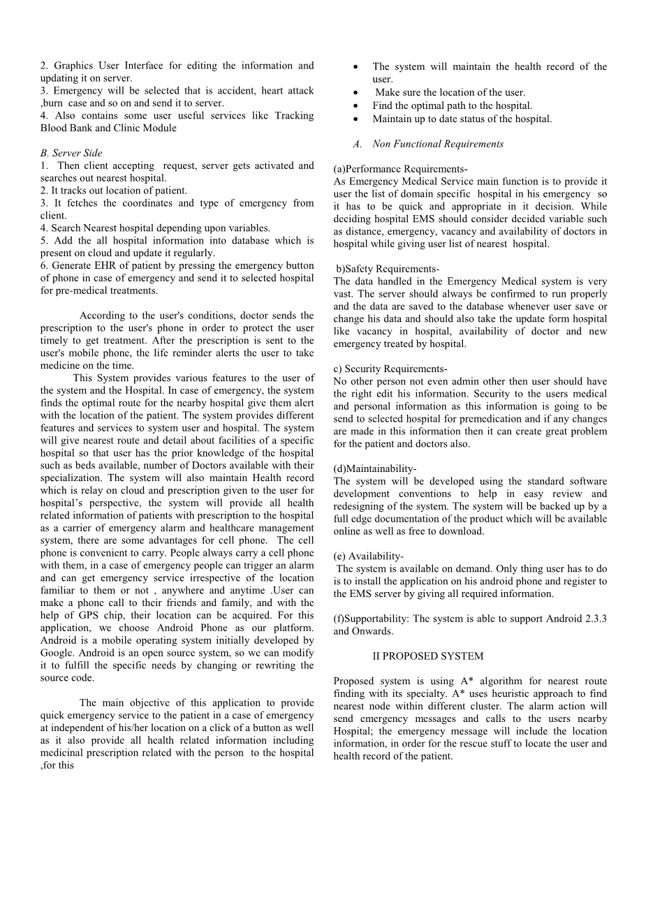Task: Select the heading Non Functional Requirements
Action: [x=437, y=144]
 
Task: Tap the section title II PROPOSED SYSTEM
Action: [x=427, y=656]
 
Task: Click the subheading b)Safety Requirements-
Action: [x=388, y=269]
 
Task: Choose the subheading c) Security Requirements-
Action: [x=390, y=369]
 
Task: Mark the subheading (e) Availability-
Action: [x=368, y=556]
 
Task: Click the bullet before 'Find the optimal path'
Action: [x=356, y=106]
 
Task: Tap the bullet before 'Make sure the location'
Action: [x=356, y=93]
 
